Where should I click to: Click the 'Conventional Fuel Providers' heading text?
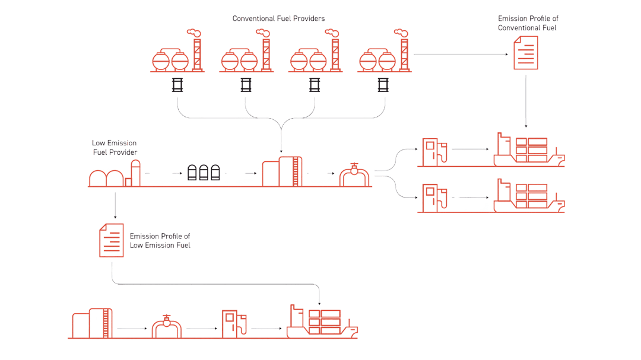(278, 19)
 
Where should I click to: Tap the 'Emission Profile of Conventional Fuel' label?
(528, 23)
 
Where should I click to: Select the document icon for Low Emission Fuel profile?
(112, 240)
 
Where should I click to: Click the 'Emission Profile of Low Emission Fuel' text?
(160, 240)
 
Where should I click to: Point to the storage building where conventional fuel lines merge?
(282, 171)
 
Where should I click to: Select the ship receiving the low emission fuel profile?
(321, 323)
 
